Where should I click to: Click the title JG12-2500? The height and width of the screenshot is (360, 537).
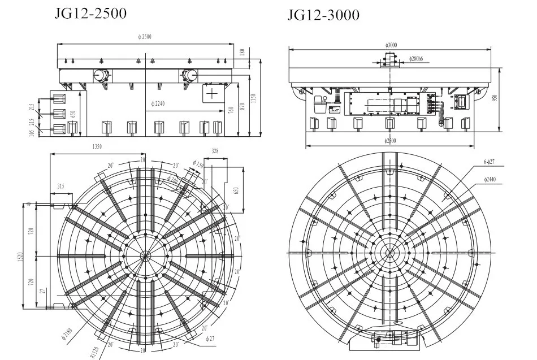coord(90,13)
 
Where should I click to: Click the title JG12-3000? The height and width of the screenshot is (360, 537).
coord(323,15)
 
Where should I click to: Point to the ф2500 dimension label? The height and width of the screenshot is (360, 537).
coord(145,37)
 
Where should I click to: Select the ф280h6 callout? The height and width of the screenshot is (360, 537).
coord(417,58)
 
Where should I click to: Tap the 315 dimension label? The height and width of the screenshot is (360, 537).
coord(60,186)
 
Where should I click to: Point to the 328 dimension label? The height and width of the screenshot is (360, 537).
coord(214,151)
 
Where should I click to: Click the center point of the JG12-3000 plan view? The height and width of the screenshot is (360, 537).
coord(389,252)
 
